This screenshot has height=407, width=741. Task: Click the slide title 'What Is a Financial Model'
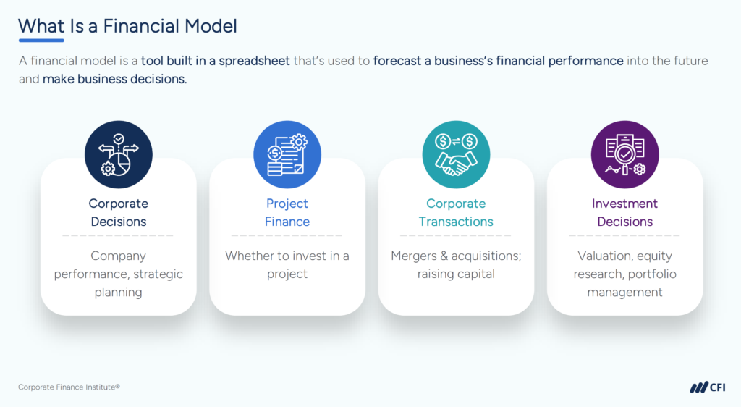coord(127,26)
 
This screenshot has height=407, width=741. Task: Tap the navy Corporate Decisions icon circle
coord(118,154)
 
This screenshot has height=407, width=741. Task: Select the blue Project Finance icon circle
coord(287,154)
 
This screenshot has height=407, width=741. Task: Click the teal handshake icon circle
coord(456,154)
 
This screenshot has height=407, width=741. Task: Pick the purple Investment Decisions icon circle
coord(624,154)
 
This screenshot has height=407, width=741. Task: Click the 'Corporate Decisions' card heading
coord(118,213)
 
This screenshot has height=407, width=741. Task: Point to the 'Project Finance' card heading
coord(287,213)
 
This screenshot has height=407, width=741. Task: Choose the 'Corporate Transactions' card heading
coord(456,213)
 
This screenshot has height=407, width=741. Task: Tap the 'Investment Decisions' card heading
coord(624,213)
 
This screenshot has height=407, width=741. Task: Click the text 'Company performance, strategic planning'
coord(118,274)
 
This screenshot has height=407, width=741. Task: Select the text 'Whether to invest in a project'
coord(287,265)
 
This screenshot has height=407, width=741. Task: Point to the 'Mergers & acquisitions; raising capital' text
coord(456,265)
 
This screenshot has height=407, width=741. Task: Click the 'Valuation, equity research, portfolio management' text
coord(624,274)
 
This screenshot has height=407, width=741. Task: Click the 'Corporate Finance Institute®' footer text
coord(69,387)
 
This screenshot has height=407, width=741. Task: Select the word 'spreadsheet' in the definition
coord(255,61)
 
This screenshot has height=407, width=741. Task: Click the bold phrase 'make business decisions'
coord(114,79)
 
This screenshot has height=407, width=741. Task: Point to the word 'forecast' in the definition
coord(397,61)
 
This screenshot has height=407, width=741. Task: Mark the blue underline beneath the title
coord(41,41)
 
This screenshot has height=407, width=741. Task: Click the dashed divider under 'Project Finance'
coord(287,235)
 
